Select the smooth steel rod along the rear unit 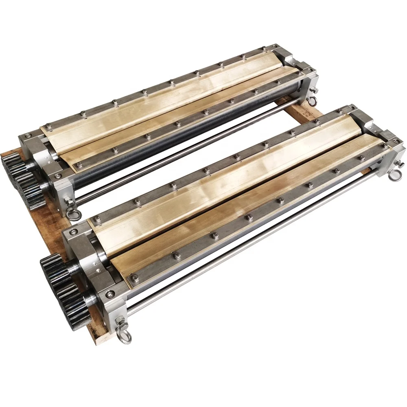click(x=183, y=159)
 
